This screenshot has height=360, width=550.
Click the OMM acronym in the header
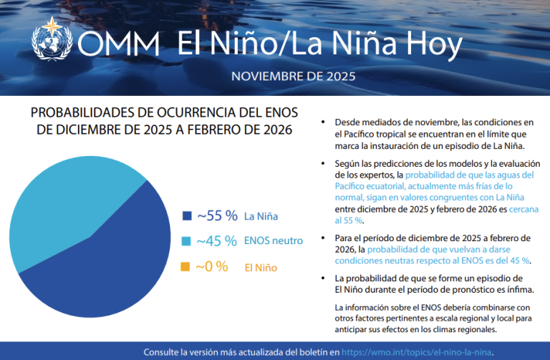click(x=119, y=45)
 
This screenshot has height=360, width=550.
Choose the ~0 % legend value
click(x=212, y=267)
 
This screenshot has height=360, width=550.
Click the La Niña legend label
click(x=261, y=215)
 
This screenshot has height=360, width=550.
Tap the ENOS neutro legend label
click(x=273, y=241)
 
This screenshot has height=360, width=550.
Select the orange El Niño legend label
click(x=261, y=268)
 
